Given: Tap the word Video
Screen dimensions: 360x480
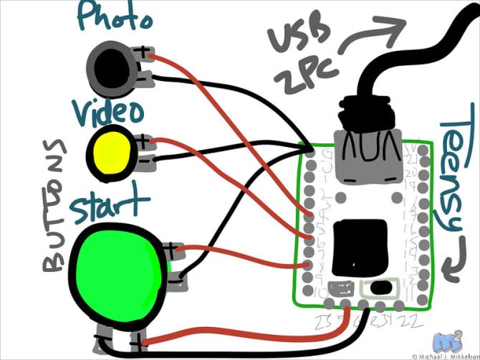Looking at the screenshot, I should click(108, 111).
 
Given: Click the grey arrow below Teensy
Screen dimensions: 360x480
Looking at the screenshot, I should click(451, 271).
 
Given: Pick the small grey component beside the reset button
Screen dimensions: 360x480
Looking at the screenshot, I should click(341, 290).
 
